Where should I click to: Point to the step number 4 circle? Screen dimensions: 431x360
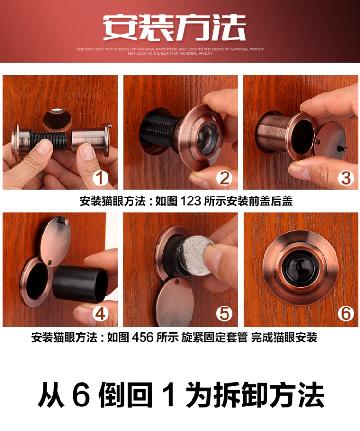pos(100,314)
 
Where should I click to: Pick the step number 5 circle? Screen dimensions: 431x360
pos(223,314)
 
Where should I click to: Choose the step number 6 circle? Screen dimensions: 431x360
pos(345,314)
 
